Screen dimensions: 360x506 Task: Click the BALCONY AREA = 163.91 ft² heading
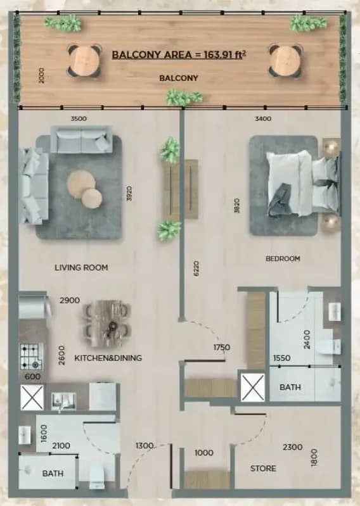point(179,54)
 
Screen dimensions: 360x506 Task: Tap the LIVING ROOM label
point(81,267)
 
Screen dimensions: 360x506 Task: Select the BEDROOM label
point(283,258)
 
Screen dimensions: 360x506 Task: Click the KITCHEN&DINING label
point(108,358)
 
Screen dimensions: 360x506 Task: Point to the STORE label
point(263,468)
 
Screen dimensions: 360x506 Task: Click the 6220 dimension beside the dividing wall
point(196,269)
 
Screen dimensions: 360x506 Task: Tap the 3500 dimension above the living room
point(79,119)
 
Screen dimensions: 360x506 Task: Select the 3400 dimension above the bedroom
point(263,119)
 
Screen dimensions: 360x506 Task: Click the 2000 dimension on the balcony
point(41,75)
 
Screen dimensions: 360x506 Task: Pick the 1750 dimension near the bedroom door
point(222,348)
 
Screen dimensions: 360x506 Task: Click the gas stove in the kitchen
point(32,357)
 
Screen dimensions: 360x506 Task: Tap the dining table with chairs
point(107,324)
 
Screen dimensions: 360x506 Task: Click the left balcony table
point(84,61)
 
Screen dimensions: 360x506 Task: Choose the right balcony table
point(285,61)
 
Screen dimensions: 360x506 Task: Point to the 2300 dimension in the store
point(293,447)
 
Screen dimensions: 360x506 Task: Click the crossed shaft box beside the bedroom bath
point(252,387)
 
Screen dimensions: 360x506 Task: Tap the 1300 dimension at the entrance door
point(145,446)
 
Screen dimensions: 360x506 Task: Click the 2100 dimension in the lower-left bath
point(61,446)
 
